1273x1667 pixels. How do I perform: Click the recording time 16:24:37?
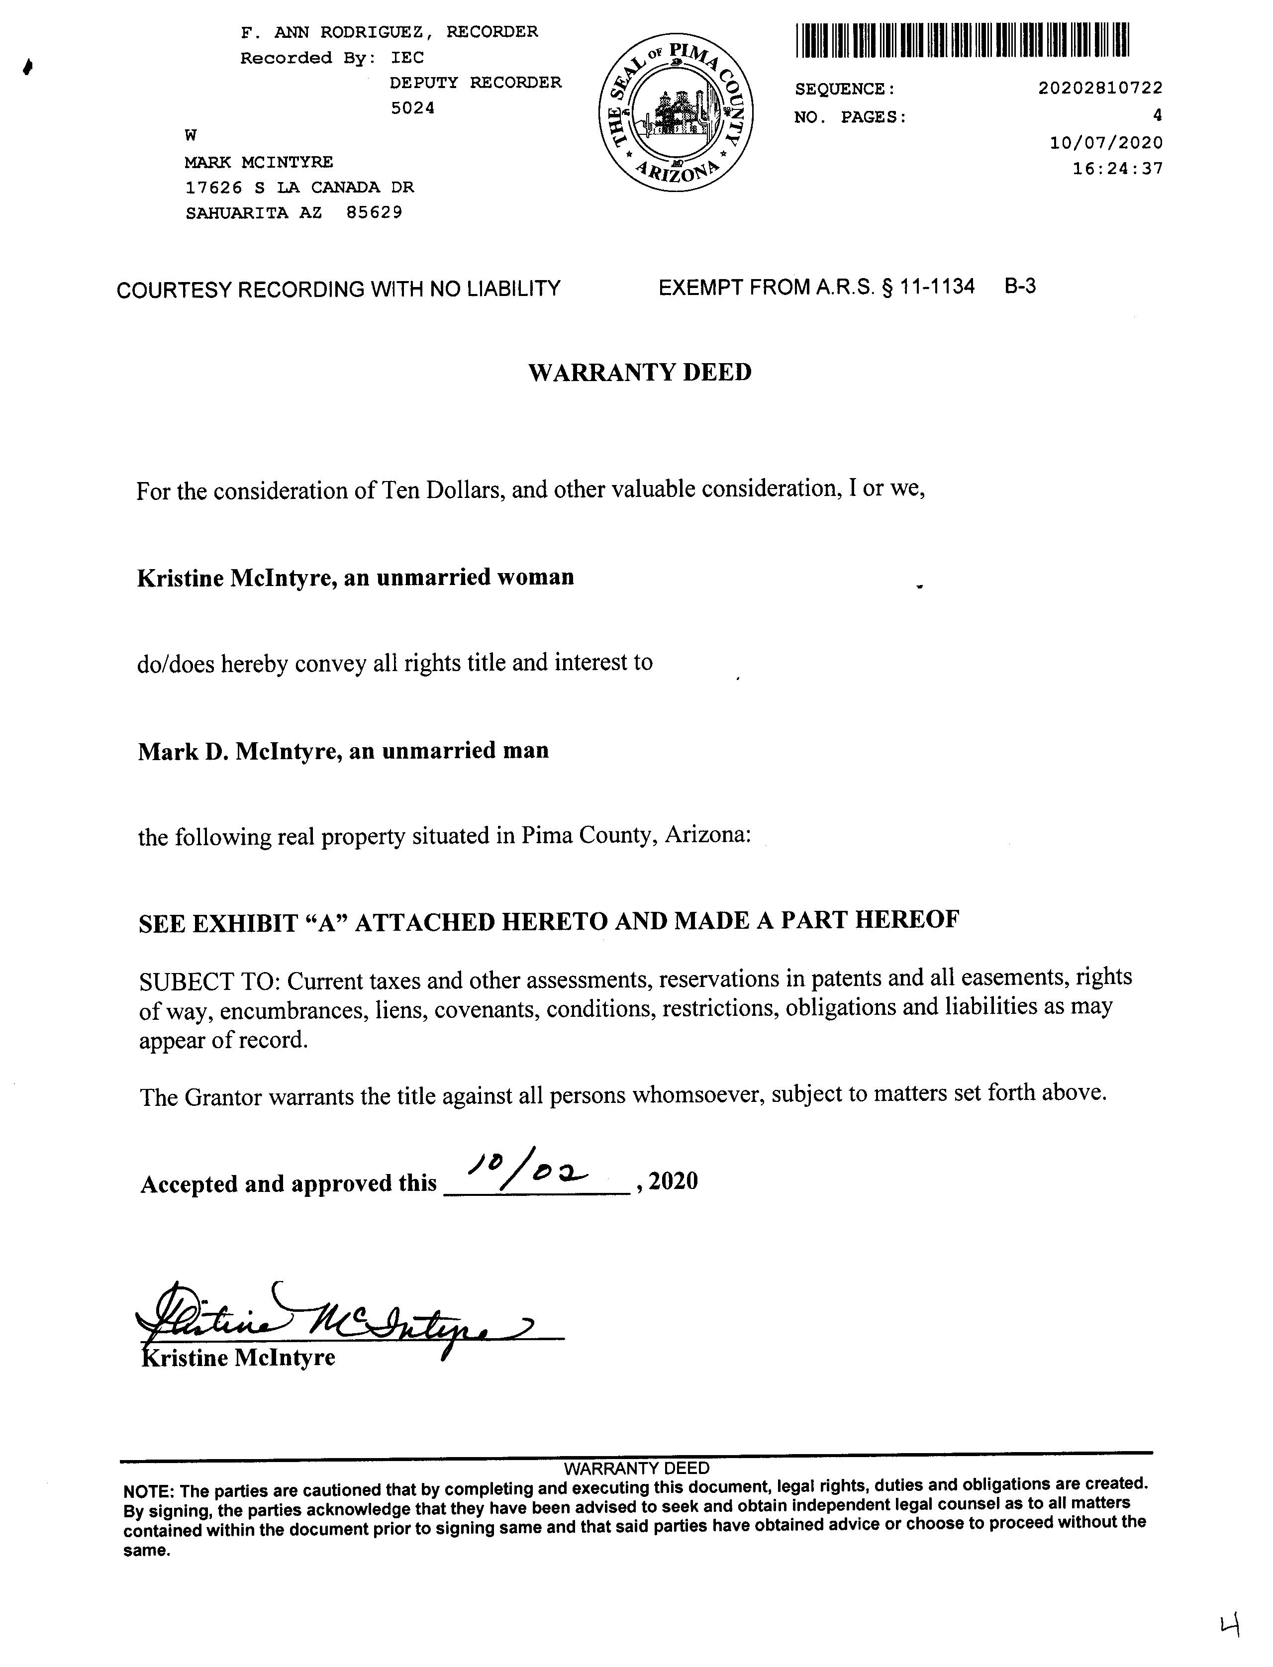tap(1117, 168)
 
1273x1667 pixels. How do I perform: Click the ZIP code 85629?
tap(374, 213)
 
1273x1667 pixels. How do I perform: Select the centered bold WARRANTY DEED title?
tap(640, 373)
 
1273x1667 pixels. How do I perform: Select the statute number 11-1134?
tap(937, 287)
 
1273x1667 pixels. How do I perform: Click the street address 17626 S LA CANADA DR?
tap(299, 187)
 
